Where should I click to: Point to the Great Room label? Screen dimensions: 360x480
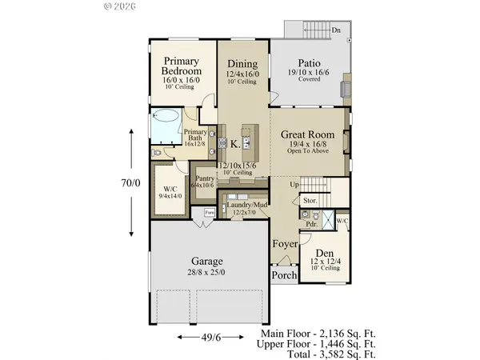(306, 136)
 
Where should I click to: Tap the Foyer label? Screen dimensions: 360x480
(284, 243)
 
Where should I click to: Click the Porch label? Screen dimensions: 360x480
(284, 276)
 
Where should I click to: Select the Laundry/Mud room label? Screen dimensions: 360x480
(246, 205)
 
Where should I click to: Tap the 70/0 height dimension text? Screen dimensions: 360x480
(132, 182)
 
